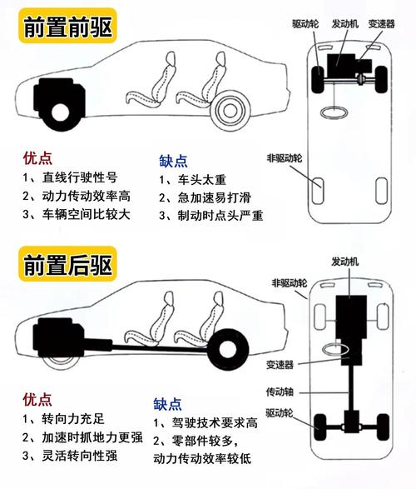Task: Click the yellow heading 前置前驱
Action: (x=67, y=27)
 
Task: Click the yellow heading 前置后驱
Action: (x=67, y=264)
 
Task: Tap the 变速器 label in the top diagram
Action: (x=381, y=24)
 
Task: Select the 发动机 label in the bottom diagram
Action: (x=344, y=262)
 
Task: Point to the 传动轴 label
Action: (x=280, y=392)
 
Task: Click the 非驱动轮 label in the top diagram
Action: (x=285, y=158)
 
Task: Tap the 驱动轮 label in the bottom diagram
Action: (x=280, y=413)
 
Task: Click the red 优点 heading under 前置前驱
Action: (x=37, y=158)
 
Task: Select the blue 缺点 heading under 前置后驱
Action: (x=167, y=404)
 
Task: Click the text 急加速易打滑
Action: (x=214, y=197)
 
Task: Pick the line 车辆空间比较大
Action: (x=86, y=215)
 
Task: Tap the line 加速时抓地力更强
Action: (x=92, y=438)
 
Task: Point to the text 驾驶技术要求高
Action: (x=215, y=423)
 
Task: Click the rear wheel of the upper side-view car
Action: (x=230, y=111)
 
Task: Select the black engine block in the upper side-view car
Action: (x=59, y=101)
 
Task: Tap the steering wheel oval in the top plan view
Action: (x=334, y=112)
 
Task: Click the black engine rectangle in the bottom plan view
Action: (x=351, y=317)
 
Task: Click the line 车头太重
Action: (x=202, y=180)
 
